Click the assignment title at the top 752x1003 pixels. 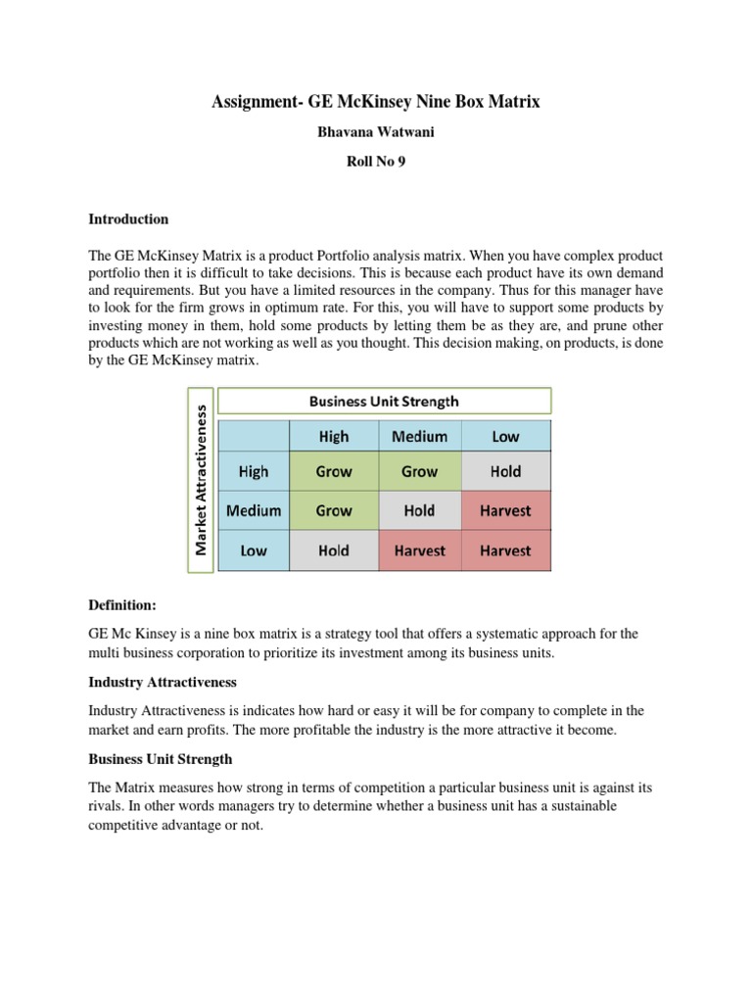pos(376,101)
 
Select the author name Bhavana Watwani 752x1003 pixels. pos(376,132)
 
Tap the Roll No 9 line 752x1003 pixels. pos(376,163)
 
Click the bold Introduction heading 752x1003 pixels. pos(128,219)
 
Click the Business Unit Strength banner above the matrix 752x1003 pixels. pos(384,401)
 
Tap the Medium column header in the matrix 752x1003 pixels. pos(419,437)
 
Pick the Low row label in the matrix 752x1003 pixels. pos(253,550)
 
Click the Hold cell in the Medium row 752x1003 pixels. pos(419,510)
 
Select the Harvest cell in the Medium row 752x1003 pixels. pos(505,510)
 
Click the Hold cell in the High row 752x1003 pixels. pos(505,471)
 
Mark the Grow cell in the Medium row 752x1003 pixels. pos(333,510)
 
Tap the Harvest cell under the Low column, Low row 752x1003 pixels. pos(505,550)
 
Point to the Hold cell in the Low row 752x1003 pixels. pos(333,550)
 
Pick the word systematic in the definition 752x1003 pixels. pos(473,634)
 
